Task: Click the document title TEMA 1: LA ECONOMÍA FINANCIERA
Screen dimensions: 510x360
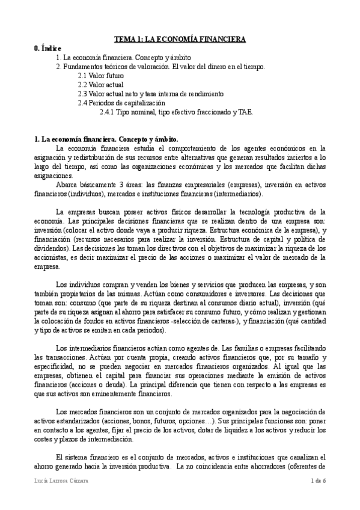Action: point(180,39)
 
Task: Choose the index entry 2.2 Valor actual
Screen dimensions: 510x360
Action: point(100,85)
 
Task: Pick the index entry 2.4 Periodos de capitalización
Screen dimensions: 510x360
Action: point(121,103)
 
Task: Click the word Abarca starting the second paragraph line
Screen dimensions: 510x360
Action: point(66,185)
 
